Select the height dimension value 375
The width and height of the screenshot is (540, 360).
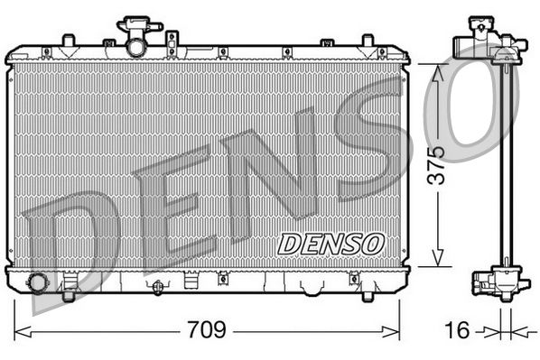(436, 164)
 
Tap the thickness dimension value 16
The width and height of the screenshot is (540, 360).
(458, 330)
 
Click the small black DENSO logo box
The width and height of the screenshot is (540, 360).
(331, 243)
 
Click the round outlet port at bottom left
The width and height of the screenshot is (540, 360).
(38, 282)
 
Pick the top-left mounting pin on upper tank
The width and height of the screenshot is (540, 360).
(68, 41)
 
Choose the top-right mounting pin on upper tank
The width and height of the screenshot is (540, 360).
(367, 41)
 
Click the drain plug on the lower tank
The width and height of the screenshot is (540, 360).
(158, 287)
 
